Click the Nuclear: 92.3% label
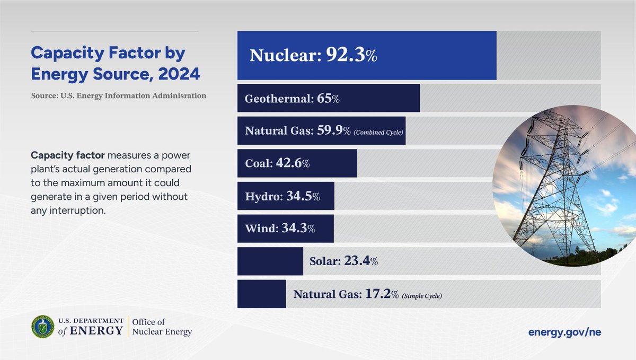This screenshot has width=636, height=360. (313, 56)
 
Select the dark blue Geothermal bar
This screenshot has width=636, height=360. (329, 98)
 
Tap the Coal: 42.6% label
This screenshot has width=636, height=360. (277, 163)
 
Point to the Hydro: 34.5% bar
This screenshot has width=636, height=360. (286, 196)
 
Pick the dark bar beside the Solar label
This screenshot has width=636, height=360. (270, 261)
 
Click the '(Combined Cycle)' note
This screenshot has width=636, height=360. (378, 132)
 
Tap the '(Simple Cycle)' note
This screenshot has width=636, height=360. (421, 295)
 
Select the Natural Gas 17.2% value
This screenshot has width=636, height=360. (382, 294)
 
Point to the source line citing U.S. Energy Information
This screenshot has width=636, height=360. (118, 96)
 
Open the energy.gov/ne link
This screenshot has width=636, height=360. (564, 332)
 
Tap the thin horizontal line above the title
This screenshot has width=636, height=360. (115, 31)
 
